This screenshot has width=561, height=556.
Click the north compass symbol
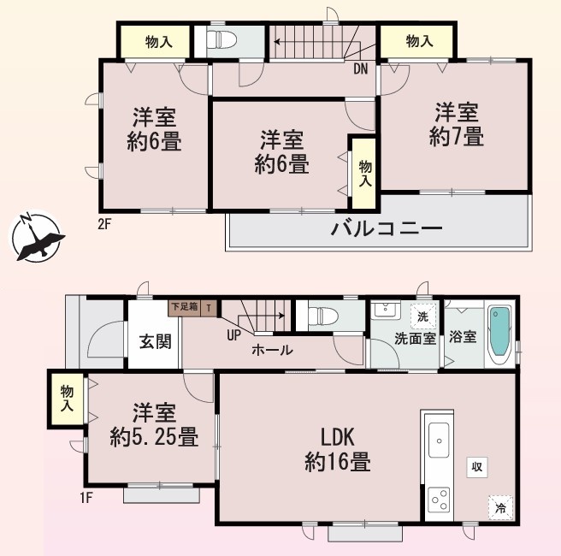click(x=36, y=236)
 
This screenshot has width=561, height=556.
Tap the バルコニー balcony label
click(x=387, y=228)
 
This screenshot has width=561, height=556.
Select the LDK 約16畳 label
click(x=338, y=449)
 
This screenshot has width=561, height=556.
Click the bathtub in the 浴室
click(x=499, y=335)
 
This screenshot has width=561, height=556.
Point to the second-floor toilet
click(x=221, y=39)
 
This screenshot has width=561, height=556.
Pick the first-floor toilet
click(x=323, y=316)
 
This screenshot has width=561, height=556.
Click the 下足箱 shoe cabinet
click(x=184, y=307)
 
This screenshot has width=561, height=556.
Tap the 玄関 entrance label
click(x=156, y=341)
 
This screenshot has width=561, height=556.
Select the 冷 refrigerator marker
click(x=500, y=507)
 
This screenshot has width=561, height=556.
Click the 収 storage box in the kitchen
click(x=477, y=467)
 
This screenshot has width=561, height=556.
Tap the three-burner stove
click(x=440, y=499)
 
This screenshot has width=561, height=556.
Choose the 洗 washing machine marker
click(x=423, y=316)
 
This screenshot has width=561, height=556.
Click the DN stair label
click(x=361, y=68)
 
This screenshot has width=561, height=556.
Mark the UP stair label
click(x=233, y=335)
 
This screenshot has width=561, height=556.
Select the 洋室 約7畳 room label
click(x=457, y=124)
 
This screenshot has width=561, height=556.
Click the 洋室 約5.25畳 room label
click(x=154, y=424)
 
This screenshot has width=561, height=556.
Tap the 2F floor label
click(x=105, y=224)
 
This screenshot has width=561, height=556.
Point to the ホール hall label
click(x=273, y=350)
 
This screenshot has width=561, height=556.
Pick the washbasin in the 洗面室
click(x=387, y=310)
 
